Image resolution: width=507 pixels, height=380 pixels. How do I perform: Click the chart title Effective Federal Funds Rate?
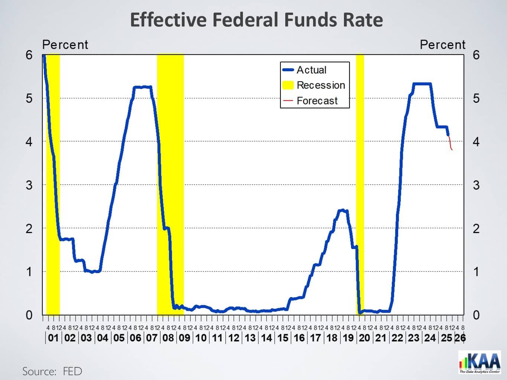(x=256, y=20)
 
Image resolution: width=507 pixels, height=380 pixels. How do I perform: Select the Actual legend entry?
(x=311, y=70)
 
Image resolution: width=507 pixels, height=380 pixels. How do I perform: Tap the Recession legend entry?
(x=321, y=85)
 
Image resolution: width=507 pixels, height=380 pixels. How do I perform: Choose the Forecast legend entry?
(x=317, y=101)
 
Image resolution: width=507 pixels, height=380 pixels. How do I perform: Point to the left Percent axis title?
(x=65, y=45)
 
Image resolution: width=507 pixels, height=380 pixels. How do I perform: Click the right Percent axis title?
(x=442, y=45)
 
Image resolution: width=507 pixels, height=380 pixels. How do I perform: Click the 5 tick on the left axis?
(x=29, y=98)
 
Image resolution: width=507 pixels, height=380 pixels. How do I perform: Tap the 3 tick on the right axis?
(x=476, y=185)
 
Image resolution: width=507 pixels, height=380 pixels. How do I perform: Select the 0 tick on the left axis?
(x=29, y=315)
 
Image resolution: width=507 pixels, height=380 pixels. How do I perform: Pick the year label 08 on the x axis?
(x=168, y=338)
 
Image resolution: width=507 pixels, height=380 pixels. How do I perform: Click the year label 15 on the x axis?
(x=283, y=338)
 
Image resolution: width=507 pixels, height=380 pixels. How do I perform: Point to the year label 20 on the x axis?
(x=364, y=338)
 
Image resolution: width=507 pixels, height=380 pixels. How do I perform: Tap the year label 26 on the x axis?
(x=460, y=338)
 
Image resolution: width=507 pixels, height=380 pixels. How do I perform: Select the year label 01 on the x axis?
(x=53, y=338)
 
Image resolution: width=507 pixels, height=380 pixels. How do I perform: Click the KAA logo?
(x=480, y=363)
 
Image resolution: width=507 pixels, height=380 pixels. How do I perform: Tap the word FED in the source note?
(x=72, y=371)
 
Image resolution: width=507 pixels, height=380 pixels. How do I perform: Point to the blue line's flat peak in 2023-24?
(x=422, y=84)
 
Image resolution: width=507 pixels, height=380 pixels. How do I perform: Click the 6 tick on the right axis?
(x=476, y=55)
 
